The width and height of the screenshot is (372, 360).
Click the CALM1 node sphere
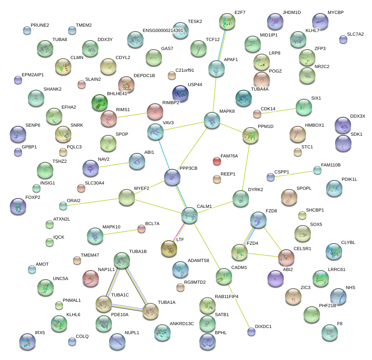189,215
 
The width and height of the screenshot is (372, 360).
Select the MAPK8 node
212,121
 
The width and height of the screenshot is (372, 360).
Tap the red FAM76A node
217,161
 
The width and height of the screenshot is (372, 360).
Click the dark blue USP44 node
180,94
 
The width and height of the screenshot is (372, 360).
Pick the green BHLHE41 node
99,103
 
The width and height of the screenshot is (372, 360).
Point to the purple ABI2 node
275,278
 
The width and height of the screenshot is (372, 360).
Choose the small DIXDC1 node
251,332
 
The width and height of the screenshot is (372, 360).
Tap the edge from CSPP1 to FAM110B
294,173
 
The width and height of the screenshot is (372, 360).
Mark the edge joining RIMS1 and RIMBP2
132,114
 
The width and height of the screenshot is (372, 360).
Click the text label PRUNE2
40,25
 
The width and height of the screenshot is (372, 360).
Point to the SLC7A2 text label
355,34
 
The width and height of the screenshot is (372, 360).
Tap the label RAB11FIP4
226,296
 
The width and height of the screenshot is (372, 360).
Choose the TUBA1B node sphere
121,260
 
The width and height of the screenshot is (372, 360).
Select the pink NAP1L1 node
91,278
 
